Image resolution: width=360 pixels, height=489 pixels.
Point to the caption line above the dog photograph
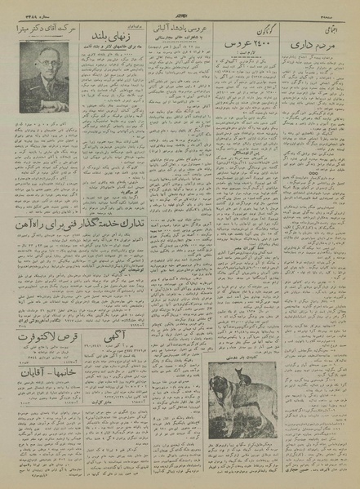pyautogui.click(x=247, y=357)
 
